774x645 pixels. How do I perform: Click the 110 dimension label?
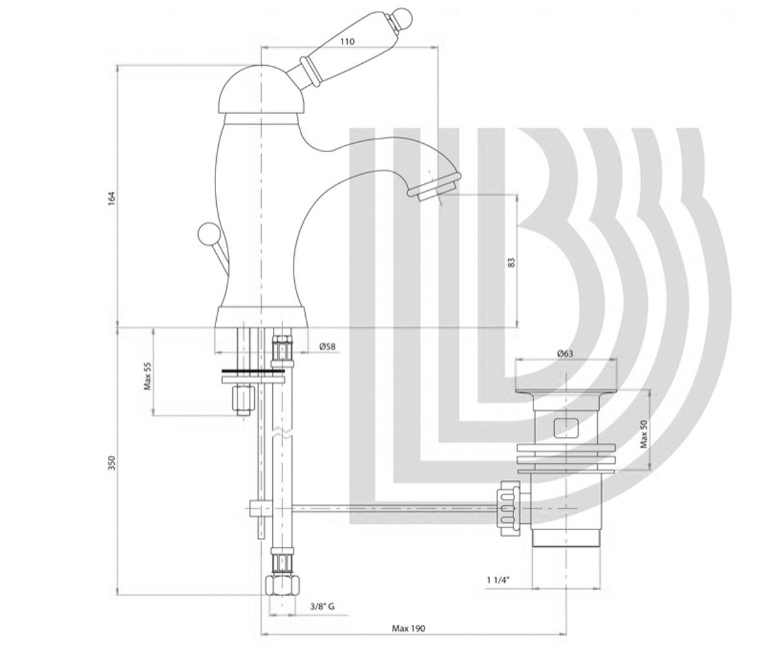point(347,41)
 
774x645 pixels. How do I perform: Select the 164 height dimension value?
point(112,199)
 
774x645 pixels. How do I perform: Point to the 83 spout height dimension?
point(512,263)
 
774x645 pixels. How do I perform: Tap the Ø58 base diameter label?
point(327,346)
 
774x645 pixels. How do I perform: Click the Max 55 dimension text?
point(148,376)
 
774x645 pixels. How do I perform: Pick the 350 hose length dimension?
point(112,463)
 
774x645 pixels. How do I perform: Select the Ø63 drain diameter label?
point(565,353)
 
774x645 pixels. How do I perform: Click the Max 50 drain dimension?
point(644,433)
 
